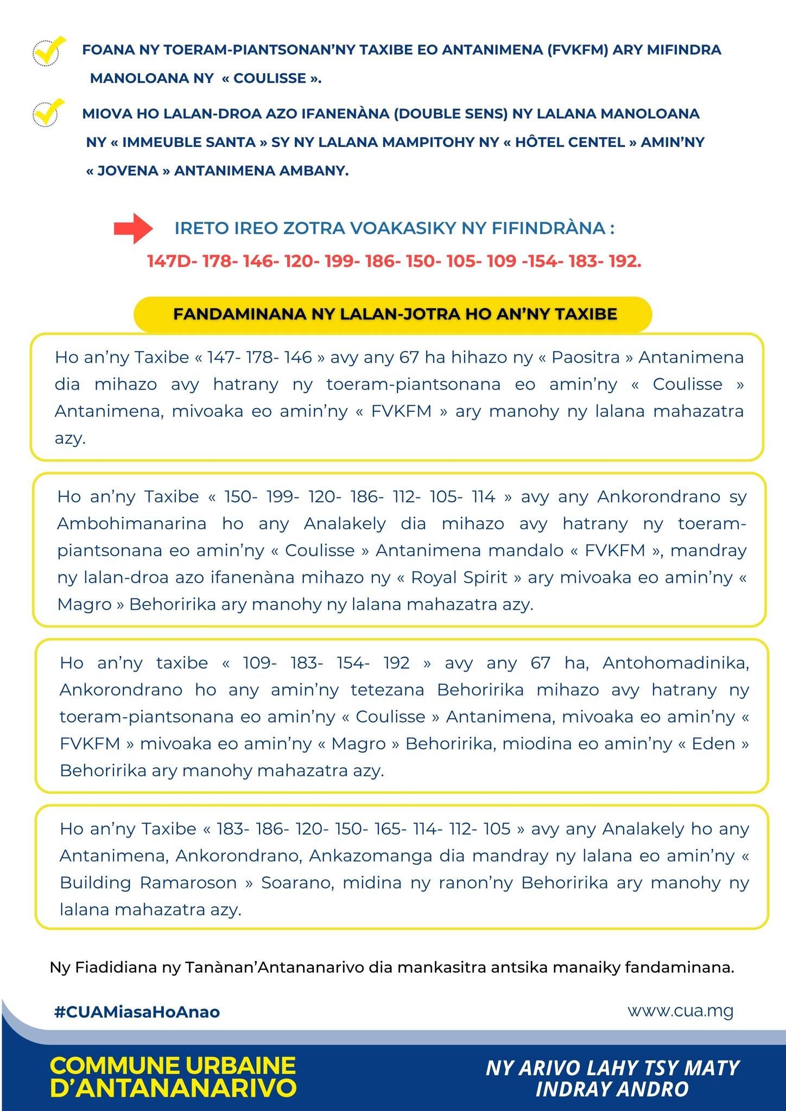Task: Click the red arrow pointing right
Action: tap(133, 229)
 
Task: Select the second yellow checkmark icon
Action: tap(48, 112)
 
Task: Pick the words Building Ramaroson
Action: tap(148, 883)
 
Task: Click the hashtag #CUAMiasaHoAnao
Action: tap(137, 1012)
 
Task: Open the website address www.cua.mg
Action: tap(680, 1011)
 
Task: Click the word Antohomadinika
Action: tap(675, 663)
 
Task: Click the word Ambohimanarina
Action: tap(132, 523)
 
